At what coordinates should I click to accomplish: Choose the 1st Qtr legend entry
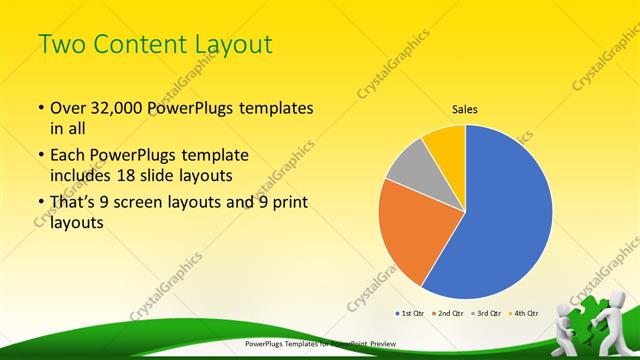pos(410,313)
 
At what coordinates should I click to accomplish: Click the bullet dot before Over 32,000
pos(39,108)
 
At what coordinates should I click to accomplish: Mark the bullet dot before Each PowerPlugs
pos(39,157)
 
